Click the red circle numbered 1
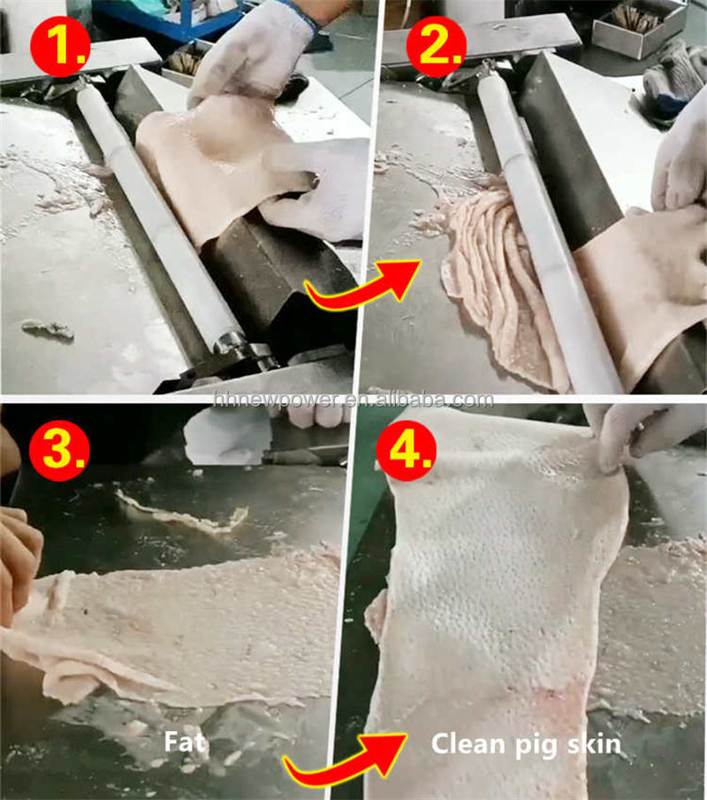pos(60,47)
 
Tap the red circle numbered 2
pos(437,47)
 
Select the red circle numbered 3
pos(59,451)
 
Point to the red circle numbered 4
pos(407,451)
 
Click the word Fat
pos(186,742)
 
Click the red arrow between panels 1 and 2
pos(363,286)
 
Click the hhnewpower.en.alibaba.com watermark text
pos(353,399)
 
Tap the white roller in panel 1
pos(158,214)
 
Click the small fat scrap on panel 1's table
pos(49,329)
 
